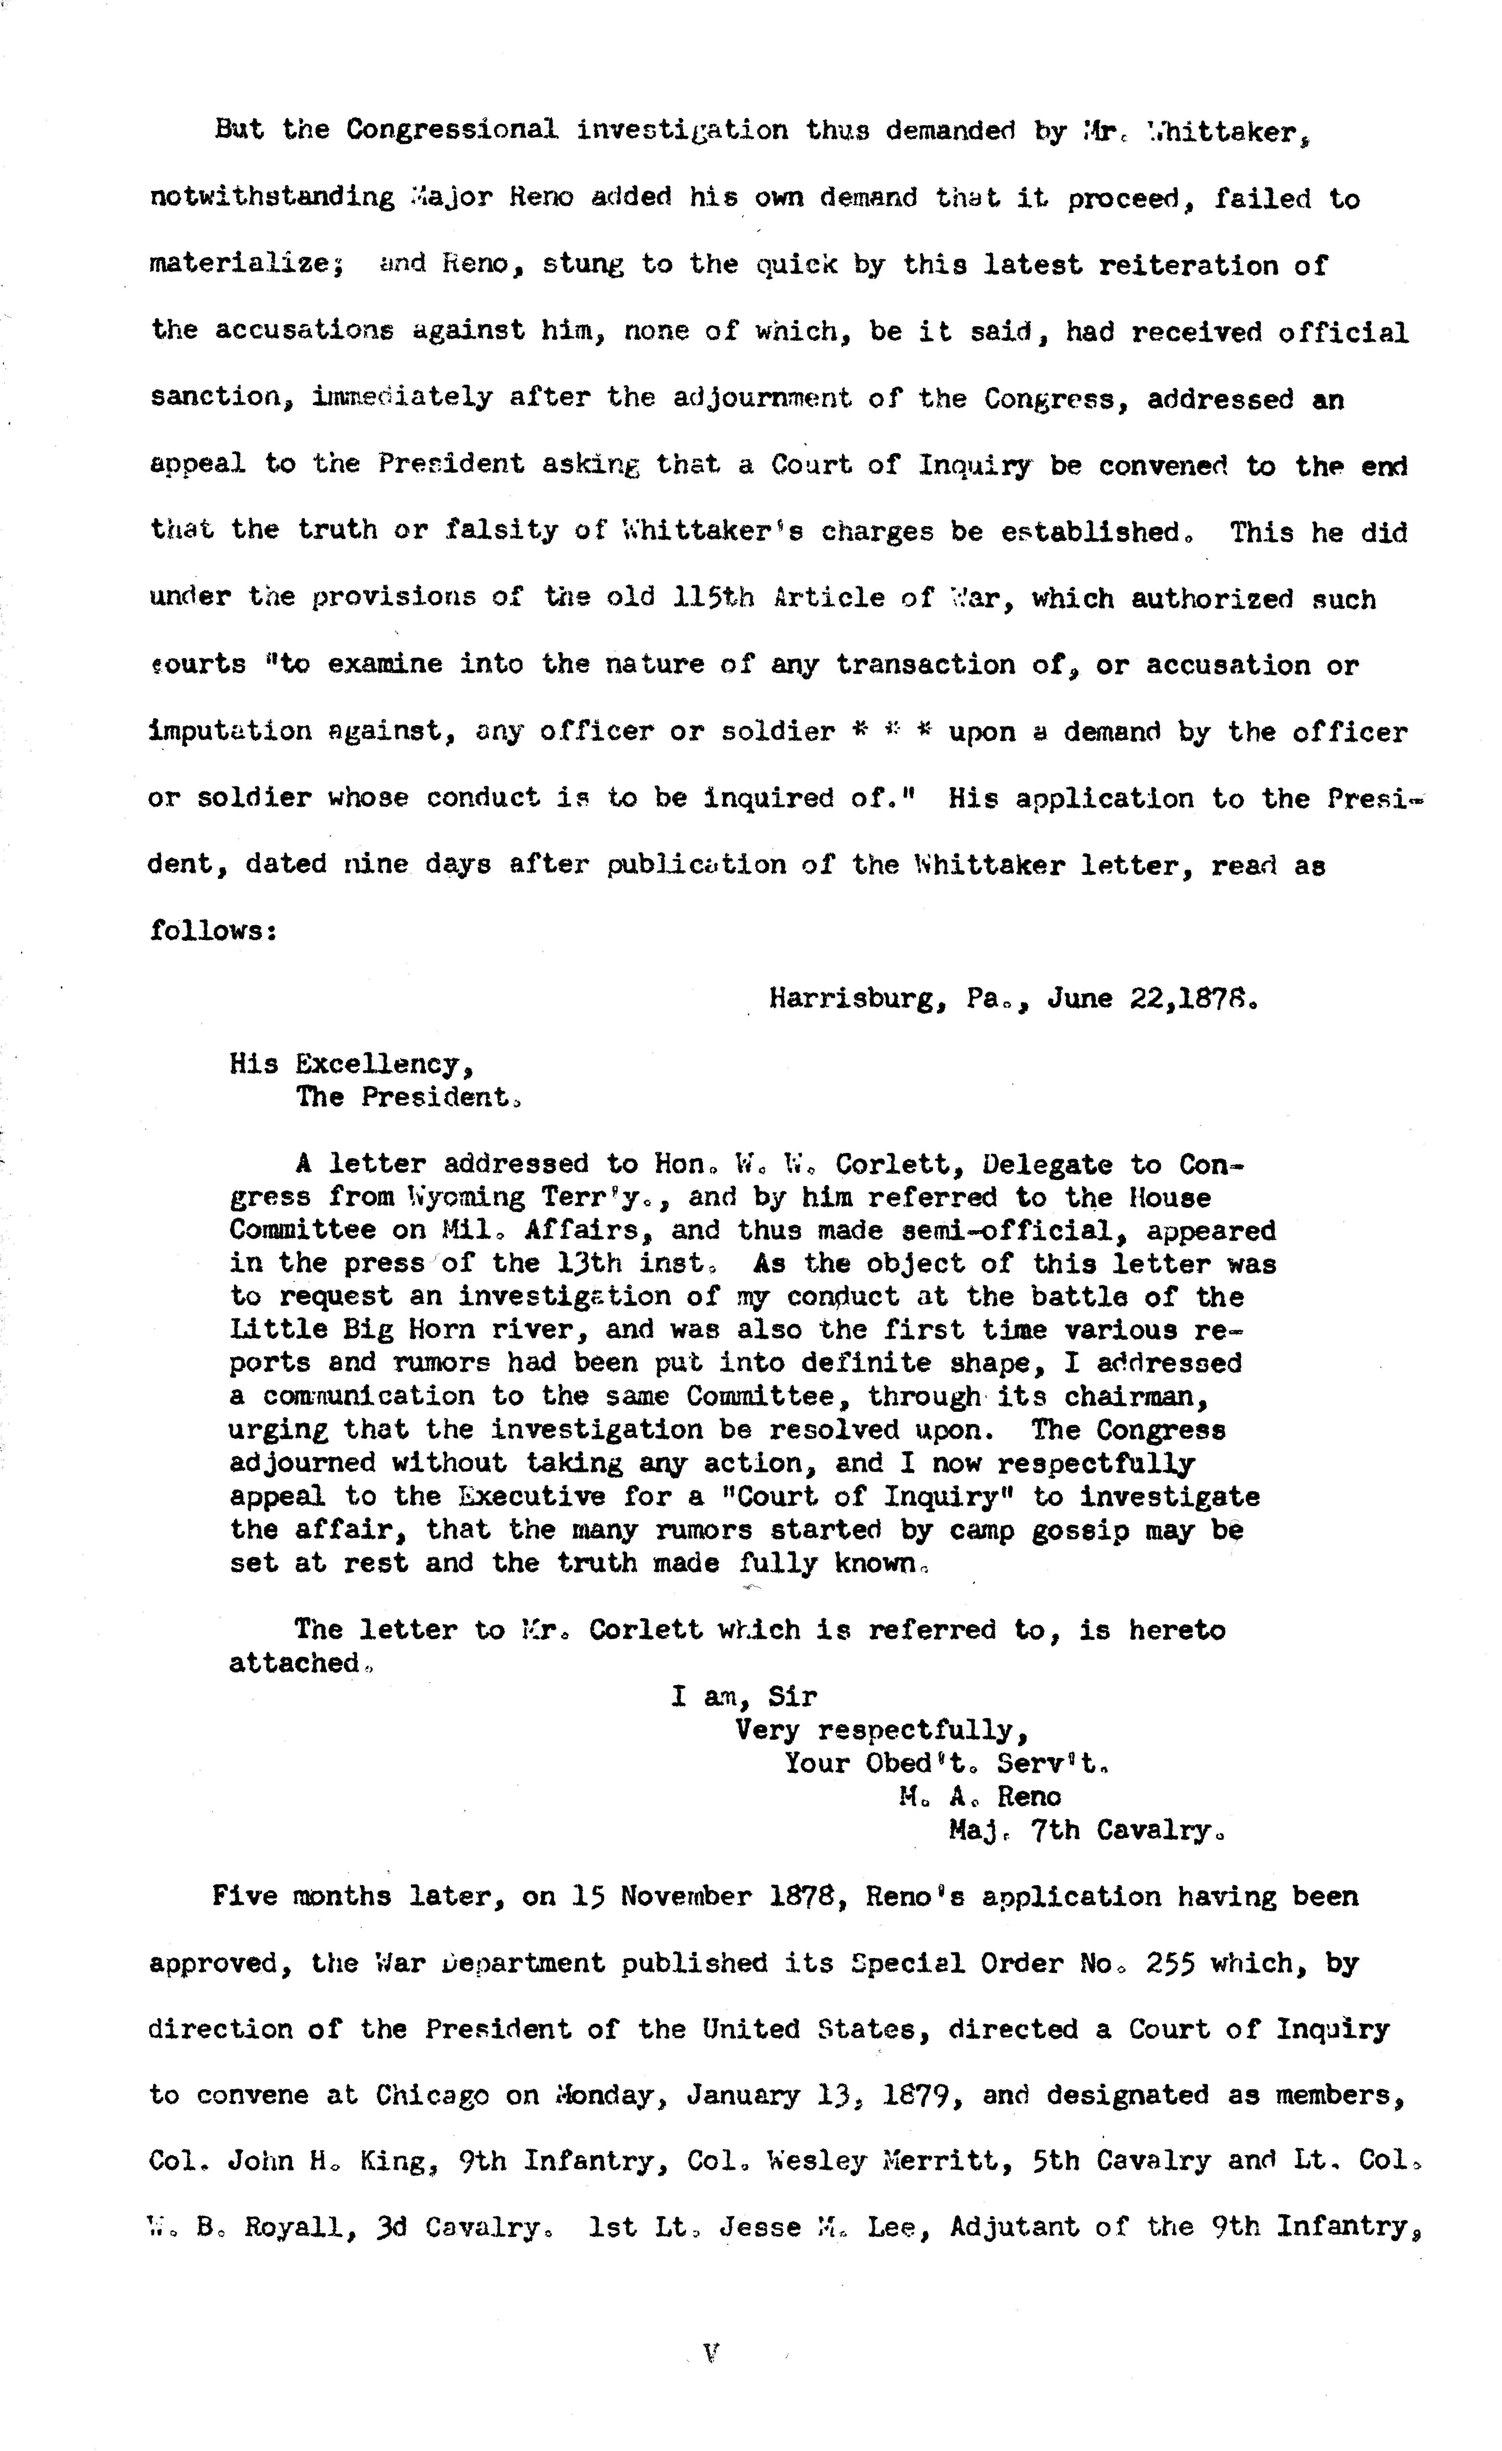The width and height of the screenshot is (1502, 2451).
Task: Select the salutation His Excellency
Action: point(351,1065)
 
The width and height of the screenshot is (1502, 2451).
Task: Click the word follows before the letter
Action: point(212,931)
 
